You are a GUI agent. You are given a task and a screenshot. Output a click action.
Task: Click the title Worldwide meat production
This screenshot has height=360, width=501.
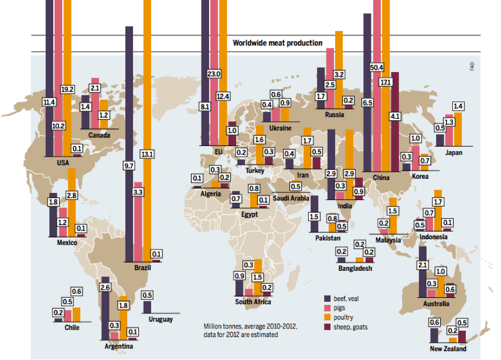tap(277, 43)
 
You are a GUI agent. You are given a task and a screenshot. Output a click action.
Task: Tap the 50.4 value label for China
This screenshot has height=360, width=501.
tap(377, 67)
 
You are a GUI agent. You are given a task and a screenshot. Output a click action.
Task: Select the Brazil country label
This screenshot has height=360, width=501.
tap(143, 267)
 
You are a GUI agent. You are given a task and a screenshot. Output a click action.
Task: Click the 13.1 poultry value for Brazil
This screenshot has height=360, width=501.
tap(147, 154)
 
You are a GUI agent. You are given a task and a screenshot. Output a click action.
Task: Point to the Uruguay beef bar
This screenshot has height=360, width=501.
tap(147, 307)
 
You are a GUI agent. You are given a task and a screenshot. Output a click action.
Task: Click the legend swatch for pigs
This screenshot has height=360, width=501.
tap(328, 307)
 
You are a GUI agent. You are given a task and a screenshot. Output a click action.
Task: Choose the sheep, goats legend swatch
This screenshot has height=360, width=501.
tap(328, 327)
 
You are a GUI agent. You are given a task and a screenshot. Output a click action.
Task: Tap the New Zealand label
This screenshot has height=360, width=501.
tap(448, 349)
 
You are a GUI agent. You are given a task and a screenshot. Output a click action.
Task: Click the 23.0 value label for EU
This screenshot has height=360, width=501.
tap(214, 74)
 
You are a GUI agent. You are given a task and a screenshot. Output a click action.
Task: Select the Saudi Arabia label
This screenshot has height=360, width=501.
tap(291, 198)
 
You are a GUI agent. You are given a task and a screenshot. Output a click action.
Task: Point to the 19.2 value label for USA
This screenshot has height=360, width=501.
tap(67, 89)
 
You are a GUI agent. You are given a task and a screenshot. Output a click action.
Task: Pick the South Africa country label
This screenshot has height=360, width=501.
tap(253, 302)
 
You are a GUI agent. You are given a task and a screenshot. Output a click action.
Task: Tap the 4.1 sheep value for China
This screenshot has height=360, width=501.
tap(394, 116)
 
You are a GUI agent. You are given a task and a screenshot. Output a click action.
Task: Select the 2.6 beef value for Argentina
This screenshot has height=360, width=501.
tap(105, 287)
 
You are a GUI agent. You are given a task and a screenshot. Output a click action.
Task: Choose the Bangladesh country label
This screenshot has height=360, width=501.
tap(355, 269)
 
